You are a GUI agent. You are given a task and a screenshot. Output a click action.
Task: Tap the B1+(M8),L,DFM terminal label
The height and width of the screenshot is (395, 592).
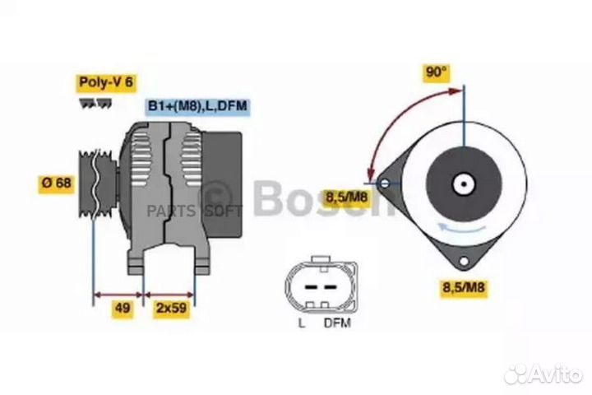197,106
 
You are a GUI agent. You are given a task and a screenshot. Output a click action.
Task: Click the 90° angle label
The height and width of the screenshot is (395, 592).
437,72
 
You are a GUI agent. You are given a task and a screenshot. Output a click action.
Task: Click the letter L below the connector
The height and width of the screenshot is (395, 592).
301,323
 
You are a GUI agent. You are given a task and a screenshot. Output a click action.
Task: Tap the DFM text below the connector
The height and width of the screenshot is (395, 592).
337,323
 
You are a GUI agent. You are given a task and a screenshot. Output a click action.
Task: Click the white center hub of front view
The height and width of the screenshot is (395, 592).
464,183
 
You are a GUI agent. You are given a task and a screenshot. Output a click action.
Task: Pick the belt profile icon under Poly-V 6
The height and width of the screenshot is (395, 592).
96,103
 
